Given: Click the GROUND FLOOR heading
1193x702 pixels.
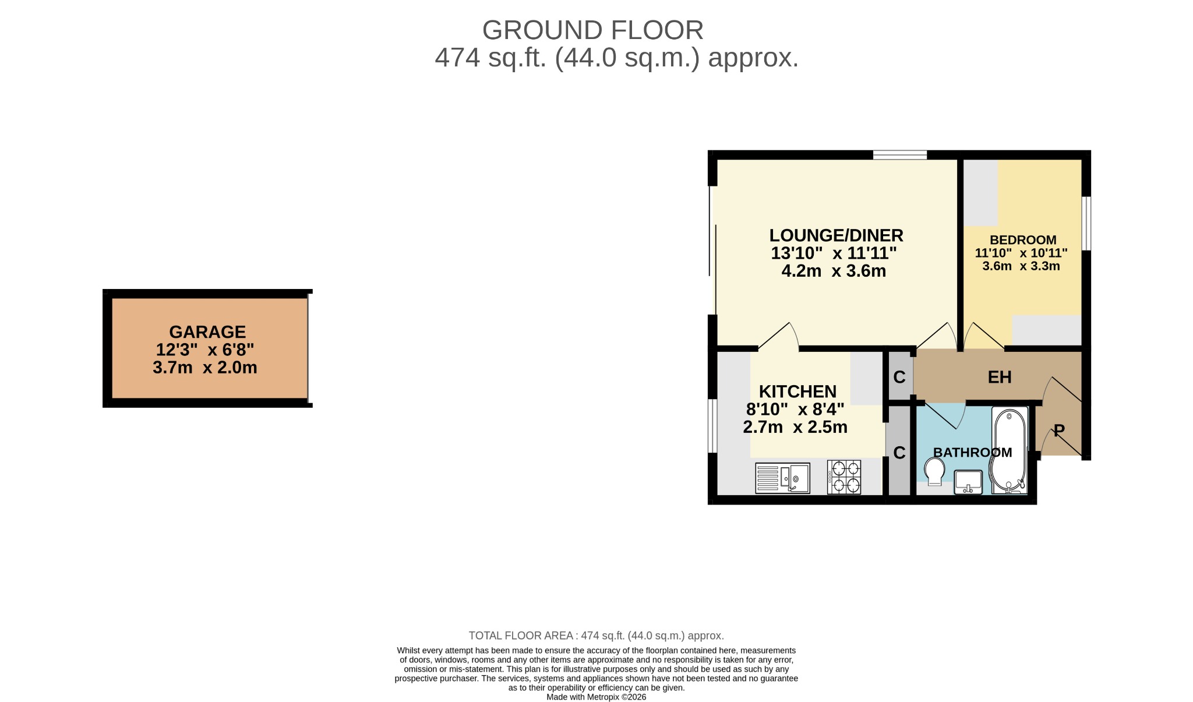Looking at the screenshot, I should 592,30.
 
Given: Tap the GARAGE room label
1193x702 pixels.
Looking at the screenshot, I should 207,332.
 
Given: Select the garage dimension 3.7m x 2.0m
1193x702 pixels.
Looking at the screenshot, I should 205,368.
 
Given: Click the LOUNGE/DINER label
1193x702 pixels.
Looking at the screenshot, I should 836,235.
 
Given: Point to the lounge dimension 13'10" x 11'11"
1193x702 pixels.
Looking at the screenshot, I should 834,253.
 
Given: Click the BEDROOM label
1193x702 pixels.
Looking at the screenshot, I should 1022,240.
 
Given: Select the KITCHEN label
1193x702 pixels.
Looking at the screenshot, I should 797,391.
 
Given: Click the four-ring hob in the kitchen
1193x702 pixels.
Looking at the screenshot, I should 844,477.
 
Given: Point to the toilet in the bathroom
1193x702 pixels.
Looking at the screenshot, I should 934,471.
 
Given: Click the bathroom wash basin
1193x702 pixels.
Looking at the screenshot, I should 968,482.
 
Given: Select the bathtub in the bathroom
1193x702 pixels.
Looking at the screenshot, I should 1009,451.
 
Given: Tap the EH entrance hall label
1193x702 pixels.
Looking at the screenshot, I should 1000,378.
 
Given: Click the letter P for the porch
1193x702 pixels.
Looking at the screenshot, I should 1059,431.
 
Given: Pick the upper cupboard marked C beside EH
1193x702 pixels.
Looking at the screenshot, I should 899,378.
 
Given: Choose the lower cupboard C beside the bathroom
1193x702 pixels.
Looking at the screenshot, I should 899,453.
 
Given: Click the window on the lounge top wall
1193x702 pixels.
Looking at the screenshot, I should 899,155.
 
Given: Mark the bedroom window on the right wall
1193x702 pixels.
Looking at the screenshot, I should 1086,224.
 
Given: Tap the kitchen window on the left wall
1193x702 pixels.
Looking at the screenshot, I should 712,425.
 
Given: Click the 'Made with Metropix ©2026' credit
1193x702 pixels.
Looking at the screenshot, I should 596,697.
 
